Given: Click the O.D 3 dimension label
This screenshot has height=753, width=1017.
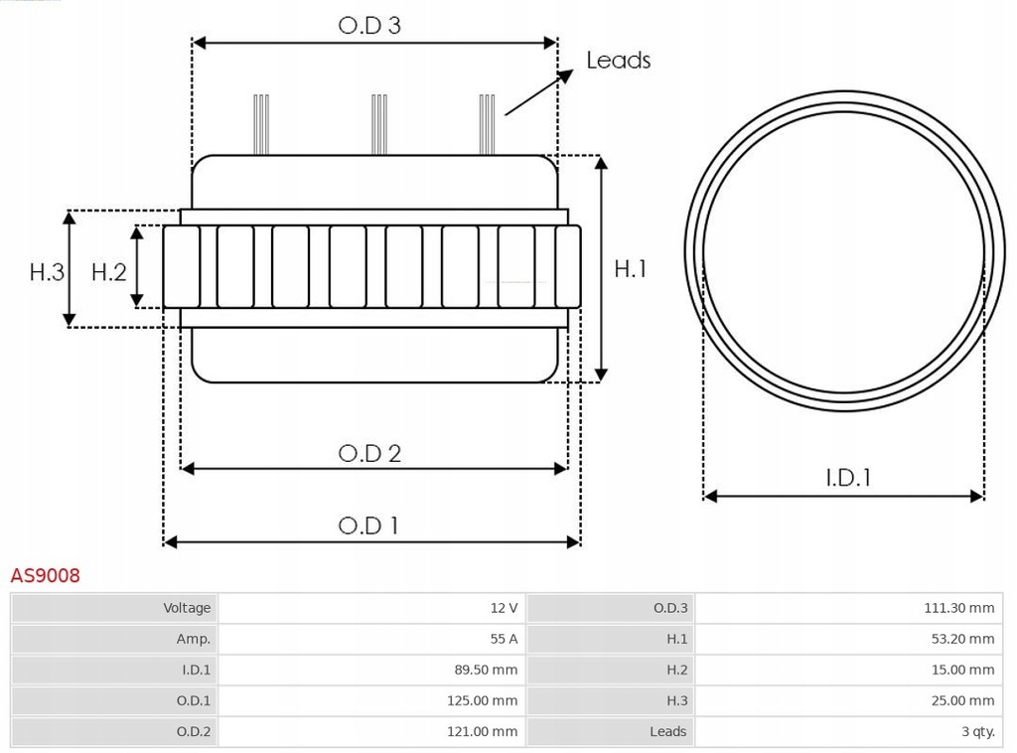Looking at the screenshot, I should tap(369, 25).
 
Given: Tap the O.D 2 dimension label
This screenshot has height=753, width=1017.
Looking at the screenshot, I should tap(369, 453).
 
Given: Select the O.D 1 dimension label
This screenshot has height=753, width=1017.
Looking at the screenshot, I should tap(369, 526).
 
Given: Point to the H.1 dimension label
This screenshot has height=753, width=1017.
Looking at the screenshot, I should tap(631, 268).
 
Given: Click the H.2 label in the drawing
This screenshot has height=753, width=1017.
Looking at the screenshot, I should tap(109, 271).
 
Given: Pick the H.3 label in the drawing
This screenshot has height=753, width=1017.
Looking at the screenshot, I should tap(47, 271).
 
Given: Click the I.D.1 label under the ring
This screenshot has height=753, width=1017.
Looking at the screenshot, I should tap(848, 478).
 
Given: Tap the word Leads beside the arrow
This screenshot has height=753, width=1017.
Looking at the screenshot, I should tap(618, 61).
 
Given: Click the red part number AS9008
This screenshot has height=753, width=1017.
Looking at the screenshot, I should tap(46, 575).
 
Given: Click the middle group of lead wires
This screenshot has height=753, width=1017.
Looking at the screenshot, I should tap(377, 124).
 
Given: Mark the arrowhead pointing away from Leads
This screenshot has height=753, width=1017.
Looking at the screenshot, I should tap(567, 75).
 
